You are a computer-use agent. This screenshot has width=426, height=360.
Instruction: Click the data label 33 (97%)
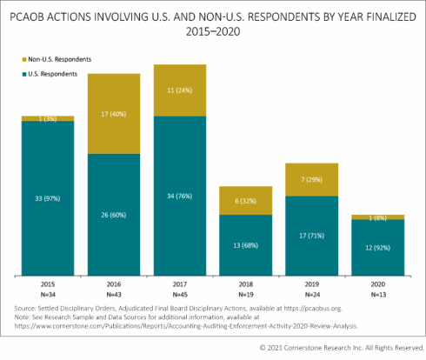tap(48, 199)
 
